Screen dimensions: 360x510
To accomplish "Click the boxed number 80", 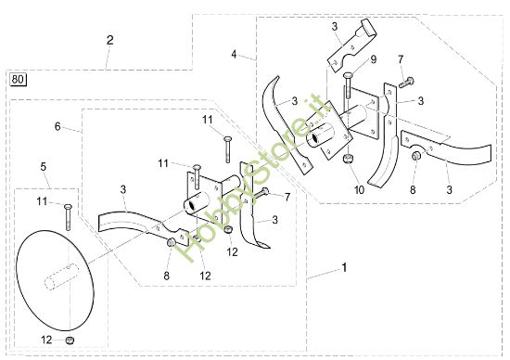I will click(18, 80).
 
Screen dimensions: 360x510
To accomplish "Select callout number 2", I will click(110, 40).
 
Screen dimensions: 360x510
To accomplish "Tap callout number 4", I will click(235, 53).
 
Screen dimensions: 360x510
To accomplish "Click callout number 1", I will click(344, 269).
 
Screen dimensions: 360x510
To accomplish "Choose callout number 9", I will click(374, 60).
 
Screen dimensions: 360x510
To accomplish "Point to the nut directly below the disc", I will click(69, 341).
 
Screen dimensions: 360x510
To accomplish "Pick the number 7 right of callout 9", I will click(401, 60).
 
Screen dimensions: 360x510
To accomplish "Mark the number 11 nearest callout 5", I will click(42, 200).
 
